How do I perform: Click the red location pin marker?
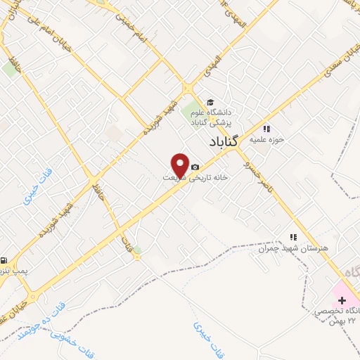pyautogui.click(x=180, y=164)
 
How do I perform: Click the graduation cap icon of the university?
pyautogui.click(x=209, y=101)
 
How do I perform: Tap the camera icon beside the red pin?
pyautogui.click(x=195, y=167)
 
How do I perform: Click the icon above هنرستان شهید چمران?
pyautogui.click(x=293, y=238)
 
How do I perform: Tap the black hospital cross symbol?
pyautogui.click(x=342, y=300)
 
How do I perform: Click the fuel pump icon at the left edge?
pyautogui.click(x=4, y=259)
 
